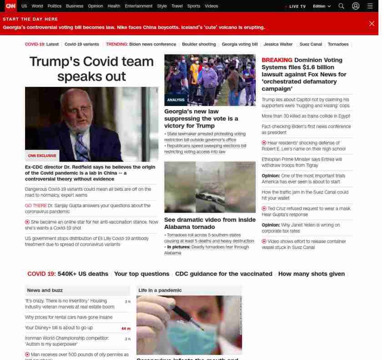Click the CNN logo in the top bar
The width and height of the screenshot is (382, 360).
coord(10,6)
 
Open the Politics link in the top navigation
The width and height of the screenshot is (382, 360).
coord(54,6)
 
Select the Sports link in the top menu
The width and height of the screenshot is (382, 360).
coord(193,6)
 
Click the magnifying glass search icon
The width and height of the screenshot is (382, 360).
coord(341,6)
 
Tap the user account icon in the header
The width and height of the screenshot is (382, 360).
coord(356,6)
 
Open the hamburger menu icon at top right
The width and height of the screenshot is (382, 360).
coord(370,6)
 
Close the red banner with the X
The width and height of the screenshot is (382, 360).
coord(372,24)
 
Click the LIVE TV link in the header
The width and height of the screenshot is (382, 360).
coord(297,6)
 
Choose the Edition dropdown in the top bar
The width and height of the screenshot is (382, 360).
coord(321,6)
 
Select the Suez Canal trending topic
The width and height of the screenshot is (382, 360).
coord(311,44)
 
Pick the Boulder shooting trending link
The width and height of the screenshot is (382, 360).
coord(199,44)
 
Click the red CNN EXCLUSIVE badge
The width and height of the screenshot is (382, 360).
coord(42,156)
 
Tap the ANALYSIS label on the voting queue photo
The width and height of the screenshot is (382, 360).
coord(176,100)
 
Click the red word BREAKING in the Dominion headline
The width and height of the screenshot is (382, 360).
coord(276,60)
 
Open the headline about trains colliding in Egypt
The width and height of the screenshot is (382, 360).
coord(306,116)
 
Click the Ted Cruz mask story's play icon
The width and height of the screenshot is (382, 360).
coord(264,208)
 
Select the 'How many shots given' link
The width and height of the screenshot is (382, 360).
coord(311,274)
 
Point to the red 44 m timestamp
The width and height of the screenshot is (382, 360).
coord(126,329)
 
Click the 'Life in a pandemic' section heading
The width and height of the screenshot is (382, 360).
coord(160,290)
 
